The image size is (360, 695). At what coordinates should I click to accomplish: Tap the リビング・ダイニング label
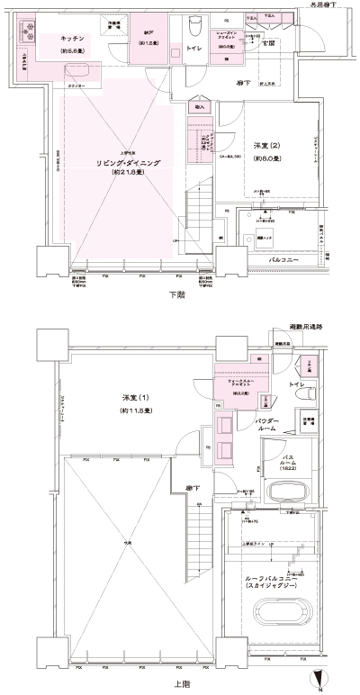coord(129,163)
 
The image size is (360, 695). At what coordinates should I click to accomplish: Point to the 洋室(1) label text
coord(136,399)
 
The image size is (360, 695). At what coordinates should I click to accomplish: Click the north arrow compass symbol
coord(315,681)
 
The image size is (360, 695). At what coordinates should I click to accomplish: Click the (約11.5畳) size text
coord(136,411)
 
